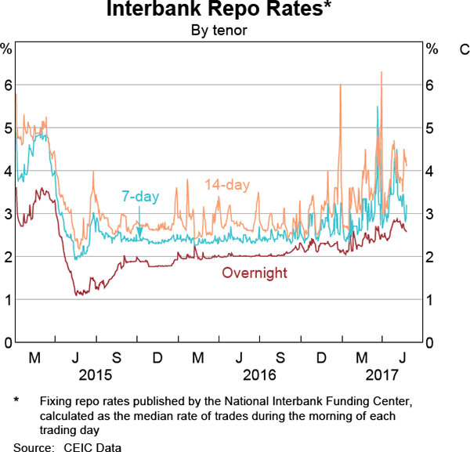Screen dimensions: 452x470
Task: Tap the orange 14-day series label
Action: coord(227,185)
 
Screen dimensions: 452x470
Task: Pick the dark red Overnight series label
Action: coord(255,273)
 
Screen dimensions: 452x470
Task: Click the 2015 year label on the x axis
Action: coord(96,374)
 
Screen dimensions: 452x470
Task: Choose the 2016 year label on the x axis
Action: coord(259,374)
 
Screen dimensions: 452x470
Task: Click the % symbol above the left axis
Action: coord(7,49)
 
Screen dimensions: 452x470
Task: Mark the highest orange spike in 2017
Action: coord(381,72)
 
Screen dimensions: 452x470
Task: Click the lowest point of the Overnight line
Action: coord(76,295)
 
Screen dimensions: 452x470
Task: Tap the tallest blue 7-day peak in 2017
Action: coord(378,107)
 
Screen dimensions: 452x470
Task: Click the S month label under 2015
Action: coord(116,358)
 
